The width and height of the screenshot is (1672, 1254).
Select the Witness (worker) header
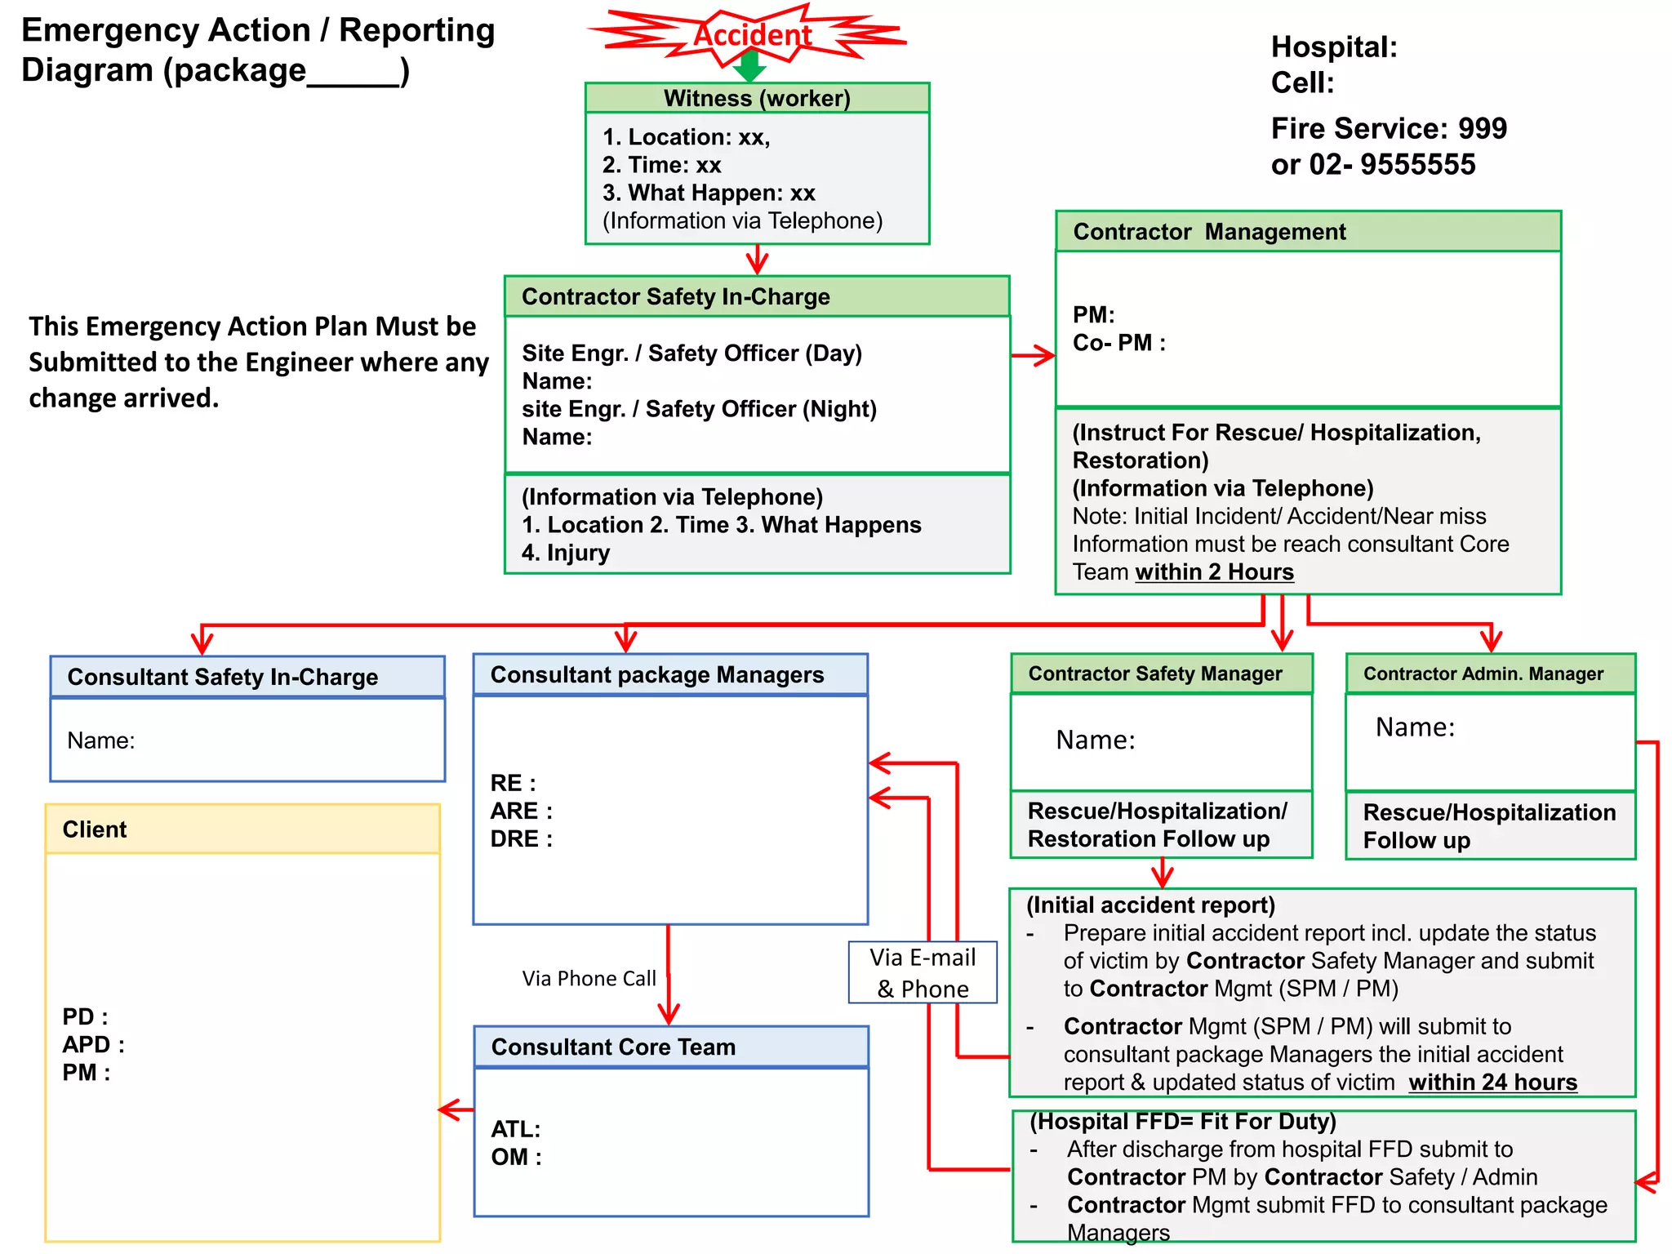tap(757, 98)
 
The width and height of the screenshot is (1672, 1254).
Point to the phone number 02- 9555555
tap(1393, 165)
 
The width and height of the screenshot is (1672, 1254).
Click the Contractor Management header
tap(1307, 232)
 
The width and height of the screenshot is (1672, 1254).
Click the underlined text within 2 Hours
tap(1214, 572)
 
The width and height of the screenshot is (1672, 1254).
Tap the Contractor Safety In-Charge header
tap(757, 296)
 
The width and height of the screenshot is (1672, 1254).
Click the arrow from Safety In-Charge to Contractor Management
tap(1033, 355)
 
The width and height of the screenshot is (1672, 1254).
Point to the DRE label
tap(521, 839)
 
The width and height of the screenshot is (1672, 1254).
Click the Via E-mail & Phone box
tap(923, 972)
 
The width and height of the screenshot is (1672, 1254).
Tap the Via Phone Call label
tap(589, 978)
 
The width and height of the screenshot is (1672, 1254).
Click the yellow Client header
tap(242, 829)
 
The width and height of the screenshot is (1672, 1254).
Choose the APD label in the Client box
tap(93, 1045)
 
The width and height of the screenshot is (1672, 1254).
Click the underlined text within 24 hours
tap(1492, 1083)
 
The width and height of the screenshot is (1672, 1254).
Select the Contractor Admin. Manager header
tap(1490, 674)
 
